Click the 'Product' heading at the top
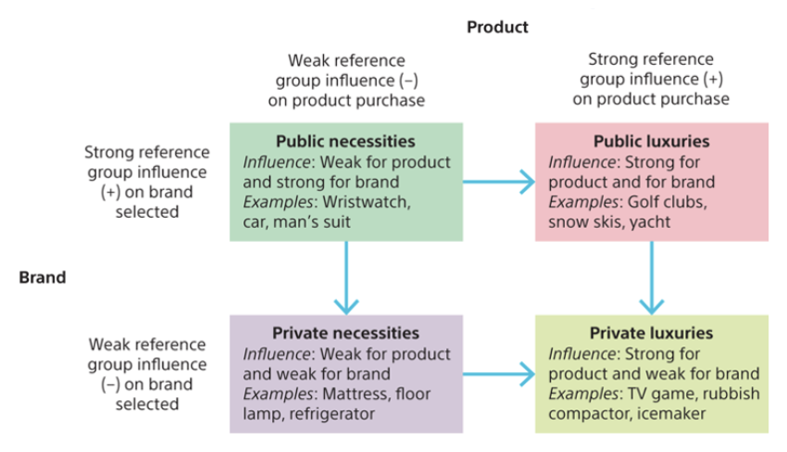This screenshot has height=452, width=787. [497, 27]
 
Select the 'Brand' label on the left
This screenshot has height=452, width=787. [43, 277]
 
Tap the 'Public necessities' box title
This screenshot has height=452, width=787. [345, 142]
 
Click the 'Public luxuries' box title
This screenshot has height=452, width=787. [652, 142]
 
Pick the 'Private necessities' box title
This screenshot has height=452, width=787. [345, 333]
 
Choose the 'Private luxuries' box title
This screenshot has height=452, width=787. [652, 333]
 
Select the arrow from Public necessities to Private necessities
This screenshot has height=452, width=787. [345, 277]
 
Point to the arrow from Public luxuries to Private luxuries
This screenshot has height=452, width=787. [652, 277]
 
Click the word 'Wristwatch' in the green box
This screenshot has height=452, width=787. [371, 202]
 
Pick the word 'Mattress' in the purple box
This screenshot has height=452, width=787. [357, 394]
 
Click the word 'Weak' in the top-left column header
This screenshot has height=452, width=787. [308, 60]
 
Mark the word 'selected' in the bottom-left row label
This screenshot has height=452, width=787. [146, 404]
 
